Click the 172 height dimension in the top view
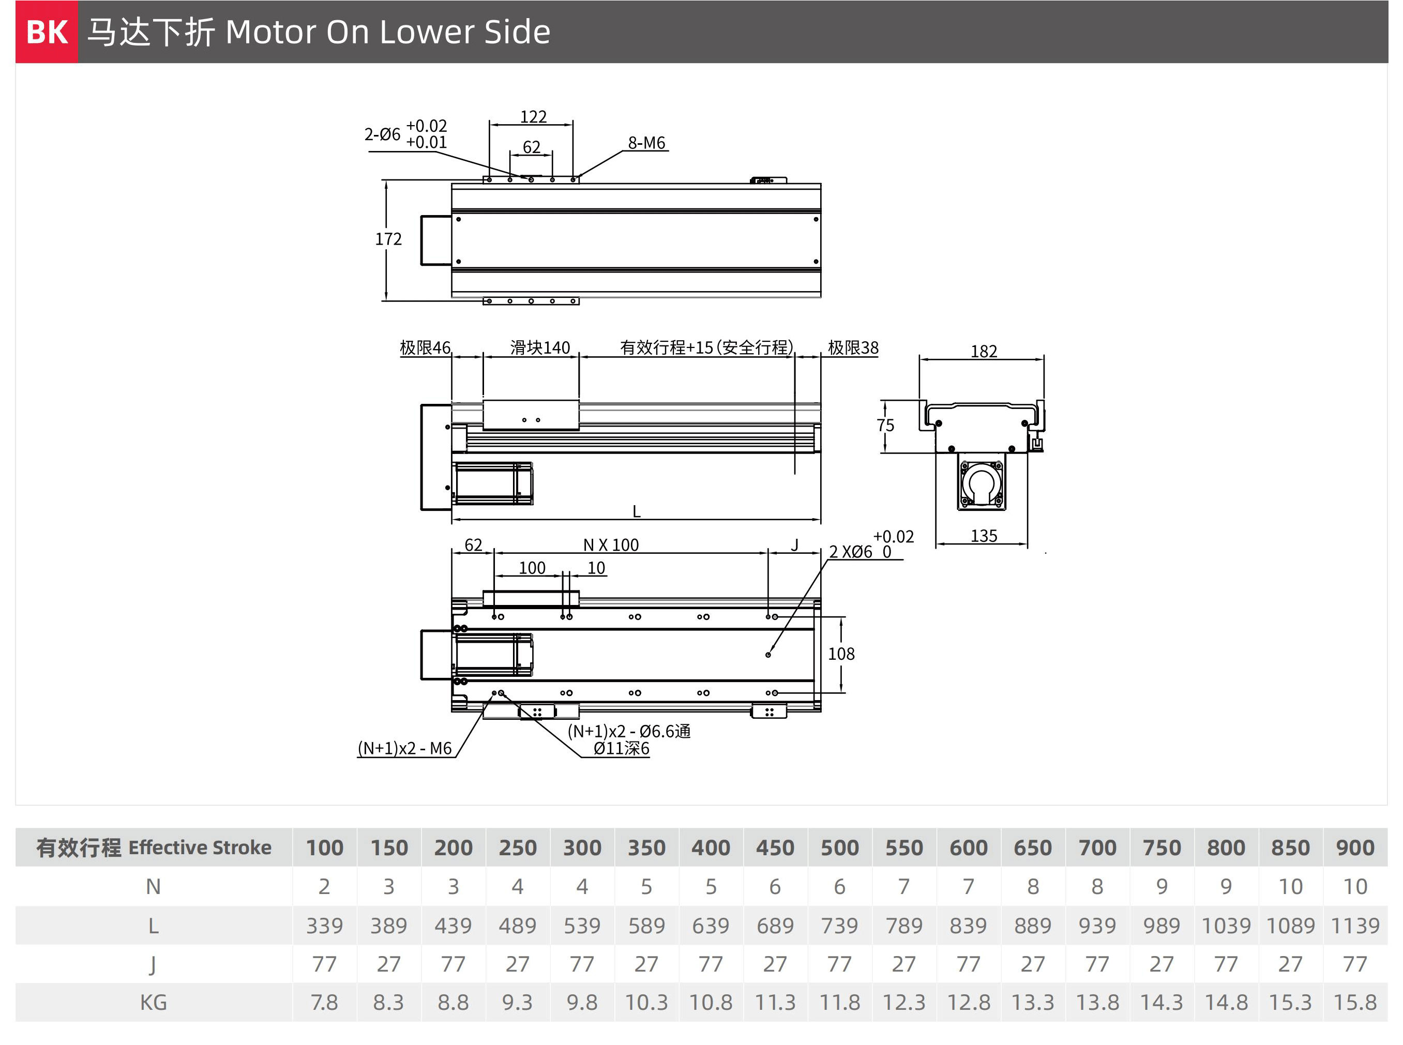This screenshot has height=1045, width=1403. pos(388,239)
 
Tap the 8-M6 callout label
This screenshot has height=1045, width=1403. pos(646,143)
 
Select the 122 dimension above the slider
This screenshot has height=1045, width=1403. pos(533,117)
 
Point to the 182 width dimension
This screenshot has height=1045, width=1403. pos(984,351)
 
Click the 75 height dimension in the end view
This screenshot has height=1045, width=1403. pos(885,425)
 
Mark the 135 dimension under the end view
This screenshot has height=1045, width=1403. pos(984,536)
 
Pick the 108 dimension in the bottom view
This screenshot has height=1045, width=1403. pos(841,654)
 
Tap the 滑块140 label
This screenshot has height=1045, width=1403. pos(540,348)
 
